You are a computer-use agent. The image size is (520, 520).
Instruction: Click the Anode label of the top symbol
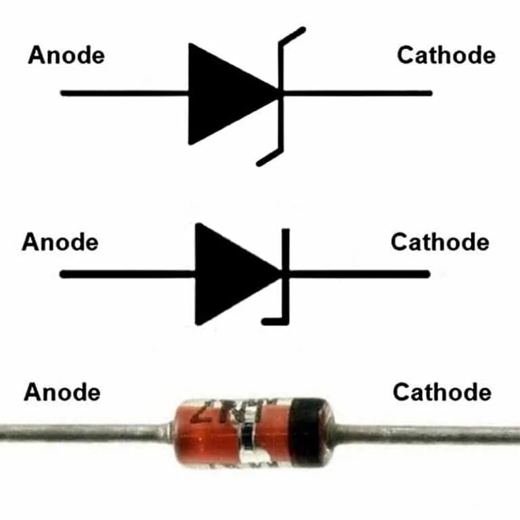click(x=66, y=55)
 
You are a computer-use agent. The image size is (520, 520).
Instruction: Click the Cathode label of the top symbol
click(x=446, y=55)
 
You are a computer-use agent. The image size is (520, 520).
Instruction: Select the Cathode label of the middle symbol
click(x=439, y=242)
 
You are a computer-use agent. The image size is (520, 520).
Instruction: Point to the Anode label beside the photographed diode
click(x=62, y=392)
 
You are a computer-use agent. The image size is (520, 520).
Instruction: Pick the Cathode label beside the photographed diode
click(x=441, y=392)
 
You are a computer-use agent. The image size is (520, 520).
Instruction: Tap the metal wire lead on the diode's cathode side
click(x=427, y=433)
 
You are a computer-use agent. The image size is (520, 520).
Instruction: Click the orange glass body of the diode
click(x=203, y=440)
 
